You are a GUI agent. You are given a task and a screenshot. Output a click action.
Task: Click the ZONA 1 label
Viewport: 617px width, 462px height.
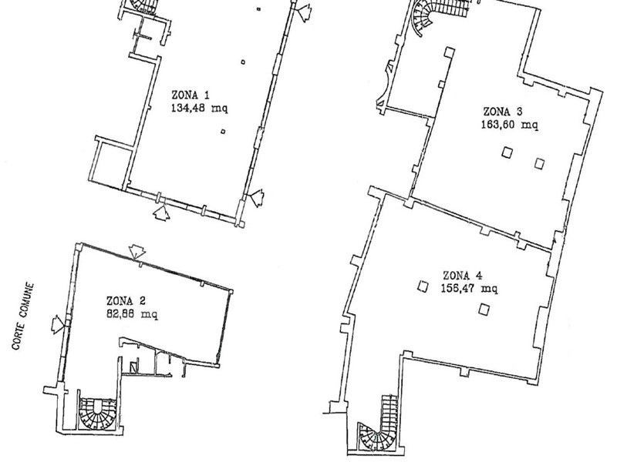click(190, 95)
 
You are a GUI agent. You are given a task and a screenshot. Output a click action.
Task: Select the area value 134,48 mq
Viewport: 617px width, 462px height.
click(199, 108)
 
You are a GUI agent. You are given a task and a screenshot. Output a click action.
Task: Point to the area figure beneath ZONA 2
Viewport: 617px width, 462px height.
click(132, 314)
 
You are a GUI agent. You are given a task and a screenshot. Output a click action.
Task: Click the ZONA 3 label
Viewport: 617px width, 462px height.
click(503, 112)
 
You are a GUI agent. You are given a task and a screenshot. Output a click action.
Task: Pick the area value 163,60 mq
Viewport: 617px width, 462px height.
click(509, 125)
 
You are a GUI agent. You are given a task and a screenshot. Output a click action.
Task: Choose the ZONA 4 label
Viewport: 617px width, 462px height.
click(462, 276)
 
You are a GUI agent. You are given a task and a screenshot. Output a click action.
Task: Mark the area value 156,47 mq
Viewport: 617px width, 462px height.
click(469, 289)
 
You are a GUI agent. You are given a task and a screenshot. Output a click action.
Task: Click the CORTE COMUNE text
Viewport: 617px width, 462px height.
click(23, 316)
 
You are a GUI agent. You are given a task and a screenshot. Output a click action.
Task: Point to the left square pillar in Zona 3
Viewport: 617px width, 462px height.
click(507, 152)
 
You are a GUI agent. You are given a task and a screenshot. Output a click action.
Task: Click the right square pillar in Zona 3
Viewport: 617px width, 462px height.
click(539, 163)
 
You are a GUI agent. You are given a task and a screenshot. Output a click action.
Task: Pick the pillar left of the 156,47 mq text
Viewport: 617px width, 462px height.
click(423, 286)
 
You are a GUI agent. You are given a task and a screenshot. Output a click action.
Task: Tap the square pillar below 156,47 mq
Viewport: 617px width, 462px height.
click(484, 310)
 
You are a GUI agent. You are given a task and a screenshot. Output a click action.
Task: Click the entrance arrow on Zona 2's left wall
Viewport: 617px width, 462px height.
click(58, 324)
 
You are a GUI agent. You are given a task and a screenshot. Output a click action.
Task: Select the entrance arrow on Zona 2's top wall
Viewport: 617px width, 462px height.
click(137, 252)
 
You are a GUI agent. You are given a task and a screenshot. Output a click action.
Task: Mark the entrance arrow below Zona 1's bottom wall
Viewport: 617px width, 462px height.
click(161, 211)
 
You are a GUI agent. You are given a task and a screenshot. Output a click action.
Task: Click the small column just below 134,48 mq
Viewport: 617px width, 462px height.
click(223, 132)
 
